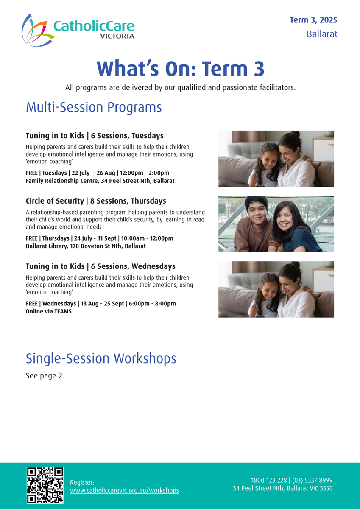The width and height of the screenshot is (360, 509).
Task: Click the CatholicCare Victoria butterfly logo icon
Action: (37, 31)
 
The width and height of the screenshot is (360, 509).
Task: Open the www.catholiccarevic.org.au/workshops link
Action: (125, 490)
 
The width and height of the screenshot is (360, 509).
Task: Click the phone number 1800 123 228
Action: (269, 480)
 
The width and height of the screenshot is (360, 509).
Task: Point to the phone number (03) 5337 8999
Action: (313, 480)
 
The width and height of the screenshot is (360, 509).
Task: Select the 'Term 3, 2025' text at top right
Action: (313, 20)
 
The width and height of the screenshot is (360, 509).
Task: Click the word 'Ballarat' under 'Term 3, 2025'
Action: (322, 34)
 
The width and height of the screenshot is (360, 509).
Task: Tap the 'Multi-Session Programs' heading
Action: (94, 107)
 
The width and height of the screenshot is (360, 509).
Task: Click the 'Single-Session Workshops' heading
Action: (101, 358)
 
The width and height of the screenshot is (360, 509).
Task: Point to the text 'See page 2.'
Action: (45, 376)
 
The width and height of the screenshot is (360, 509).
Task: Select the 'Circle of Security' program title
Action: (55, 201)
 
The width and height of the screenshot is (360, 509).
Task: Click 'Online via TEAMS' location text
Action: (49, 311)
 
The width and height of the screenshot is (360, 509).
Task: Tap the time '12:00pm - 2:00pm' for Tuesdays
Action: (145, 173)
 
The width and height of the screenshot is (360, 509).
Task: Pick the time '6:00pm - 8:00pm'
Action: (152, 304)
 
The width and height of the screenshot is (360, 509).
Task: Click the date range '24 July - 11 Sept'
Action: (95, 238)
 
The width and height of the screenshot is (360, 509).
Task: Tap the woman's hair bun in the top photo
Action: (295, 134)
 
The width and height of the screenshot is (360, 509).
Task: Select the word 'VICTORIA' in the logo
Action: (117, 36)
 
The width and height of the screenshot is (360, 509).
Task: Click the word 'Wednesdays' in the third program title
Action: (153, 266)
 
